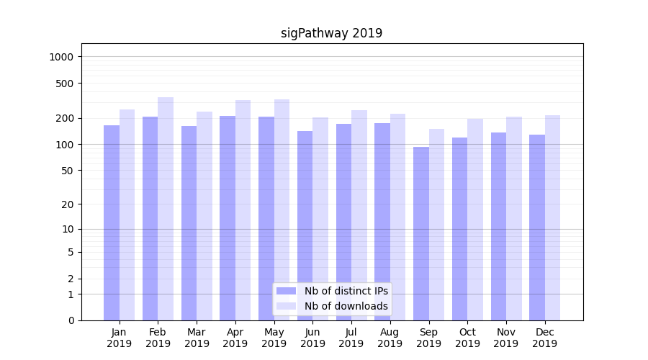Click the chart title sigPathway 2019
point(331,33)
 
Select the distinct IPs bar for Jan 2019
point(112,223)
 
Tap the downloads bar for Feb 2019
point(166,209)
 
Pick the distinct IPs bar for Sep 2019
point(421,234)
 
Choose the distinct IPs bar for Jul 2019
point(343,222)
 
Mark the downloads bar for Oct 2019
point(475,220)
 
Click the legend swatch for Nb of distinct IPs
point(286,291)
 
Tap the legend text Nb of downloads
point(346,306)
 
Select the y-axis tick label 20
point(68,204)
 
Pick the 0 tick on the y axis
point(71,320)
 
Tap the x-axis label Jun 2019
point(312,338)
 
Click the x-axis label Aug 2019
point(390,338)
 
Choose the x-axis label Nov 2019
point(506,338)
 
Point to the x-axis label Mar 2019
point(197,338)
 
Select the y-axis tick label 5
point(71,252)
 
